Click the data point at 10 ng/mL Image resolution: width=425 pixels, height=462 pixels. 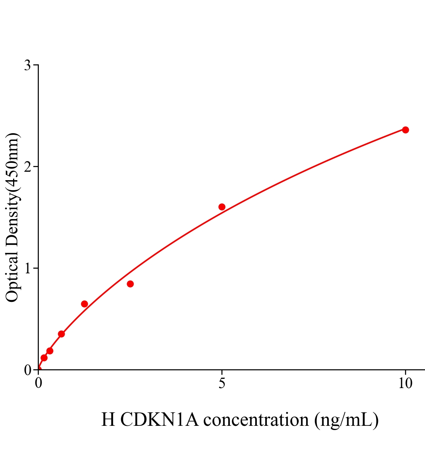405,130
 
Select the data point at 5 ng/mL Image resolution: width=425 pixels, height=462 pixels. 222,207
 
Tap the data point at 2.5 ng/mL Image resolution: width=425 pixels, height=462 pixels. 130,284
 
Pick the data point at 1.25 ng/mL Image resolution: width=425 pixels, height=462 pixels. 84,304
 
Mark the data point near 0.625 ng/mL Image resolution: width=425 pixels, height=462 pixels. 61,334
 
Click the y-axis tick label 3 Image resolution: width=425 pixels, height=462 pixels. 27,65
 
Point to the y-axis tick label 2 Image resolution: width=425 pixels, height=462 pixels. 27,167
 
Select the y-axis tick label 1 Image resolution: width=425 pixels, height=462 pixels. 27,268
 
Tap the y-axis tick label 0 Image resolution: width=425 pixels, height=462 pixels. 27,370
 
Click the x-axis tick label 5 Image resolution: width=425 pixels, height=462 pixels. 222,383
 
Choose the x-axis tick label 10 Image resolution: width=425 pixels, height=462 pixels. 405,383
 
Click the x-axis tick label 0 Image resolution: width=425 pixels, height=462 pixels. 38,383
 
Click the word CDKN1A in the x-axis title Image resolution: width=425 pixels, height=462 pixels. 159,420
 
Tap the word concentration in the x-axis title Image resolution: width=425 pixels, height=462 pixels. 256,420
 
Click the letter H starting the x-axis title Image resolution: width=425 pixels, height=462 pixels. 108,420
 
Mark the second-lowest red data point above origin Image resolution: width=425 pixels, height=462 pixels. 50,351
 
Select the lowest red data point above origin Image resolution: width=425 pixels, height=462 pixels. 44,358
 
